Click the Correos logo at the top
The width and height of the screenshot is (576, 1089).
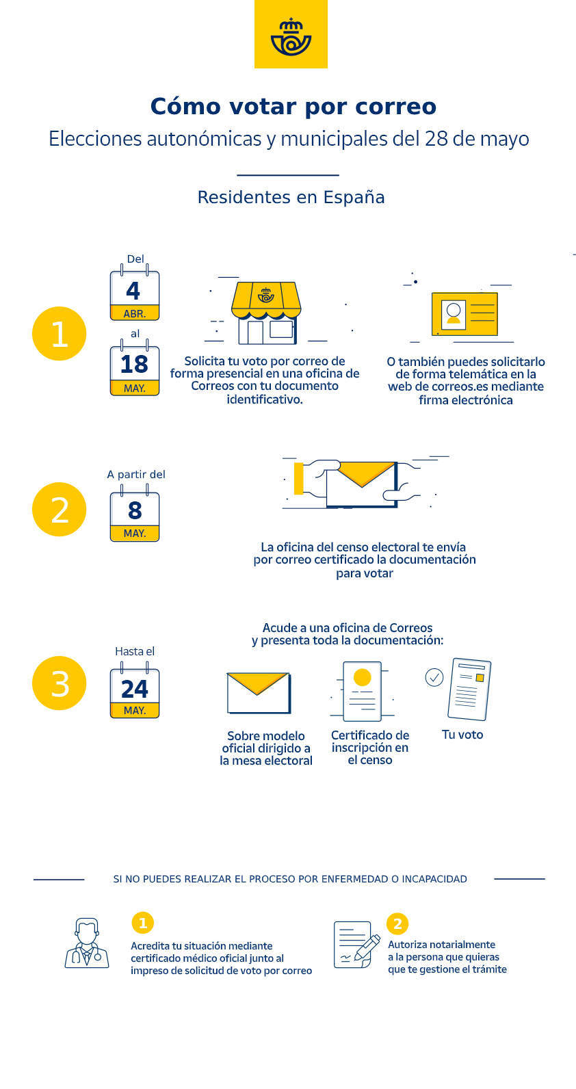(291, 34)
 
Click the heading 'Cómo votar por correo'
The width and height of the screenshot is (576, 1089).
(293, 107)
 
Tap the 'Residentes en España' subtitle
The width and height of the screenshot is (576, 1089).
(291, 198)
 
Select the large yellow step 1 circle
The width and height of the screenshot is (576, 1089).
(60, 334)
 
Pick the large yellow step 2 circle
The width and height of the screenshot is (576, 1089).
(60, 509)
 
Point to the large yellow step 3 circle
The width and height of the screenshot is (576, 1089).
(60, 683)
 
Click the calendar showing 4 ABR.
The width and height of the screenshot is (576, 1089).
(135, 293)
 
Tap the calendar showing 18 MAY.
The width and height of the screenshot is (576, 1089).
(135, 368)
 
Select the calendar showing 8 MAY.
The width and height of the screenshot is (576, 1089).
(135, 514)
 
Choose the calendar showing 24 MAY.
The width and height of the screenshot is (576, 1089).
(135, 690)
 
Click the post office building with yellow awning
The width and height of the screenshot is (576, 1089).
(266, 313)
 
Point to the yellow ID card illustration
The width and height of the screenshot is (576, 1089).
(464, 314)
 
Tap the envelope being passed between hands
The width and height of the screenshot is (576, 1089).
(362, 484)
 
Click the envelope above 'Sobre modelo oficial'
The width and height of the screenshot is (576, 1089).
(259, 693)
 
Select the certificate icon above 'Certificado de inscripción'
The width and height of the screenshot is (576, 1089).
(362, 691)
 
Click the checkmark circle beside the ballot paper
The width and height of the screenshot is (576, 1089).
(434, 677)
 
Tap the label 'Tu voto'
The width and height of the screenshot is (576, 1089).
(462, 735)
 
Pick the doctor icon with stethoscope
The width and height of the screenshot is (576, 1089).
(87, 943)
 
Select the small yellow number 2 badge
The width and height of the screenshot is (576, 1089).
(397, 923)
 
